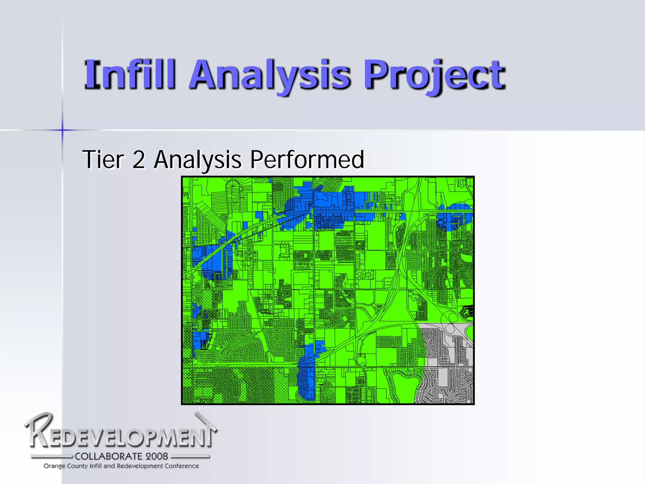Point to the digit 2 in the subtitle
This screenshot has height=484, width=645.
[x=139, y=160]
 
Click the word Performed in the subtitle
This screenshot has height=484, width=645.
[x=307, y=160]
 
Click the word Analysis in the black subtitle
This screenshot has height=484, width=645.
[x=198, y=160]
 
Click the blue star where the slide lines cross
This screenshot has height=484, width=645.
[x=62, y=130]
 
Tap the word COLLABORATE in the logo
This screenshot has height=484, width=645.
[x=104, y=456]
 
